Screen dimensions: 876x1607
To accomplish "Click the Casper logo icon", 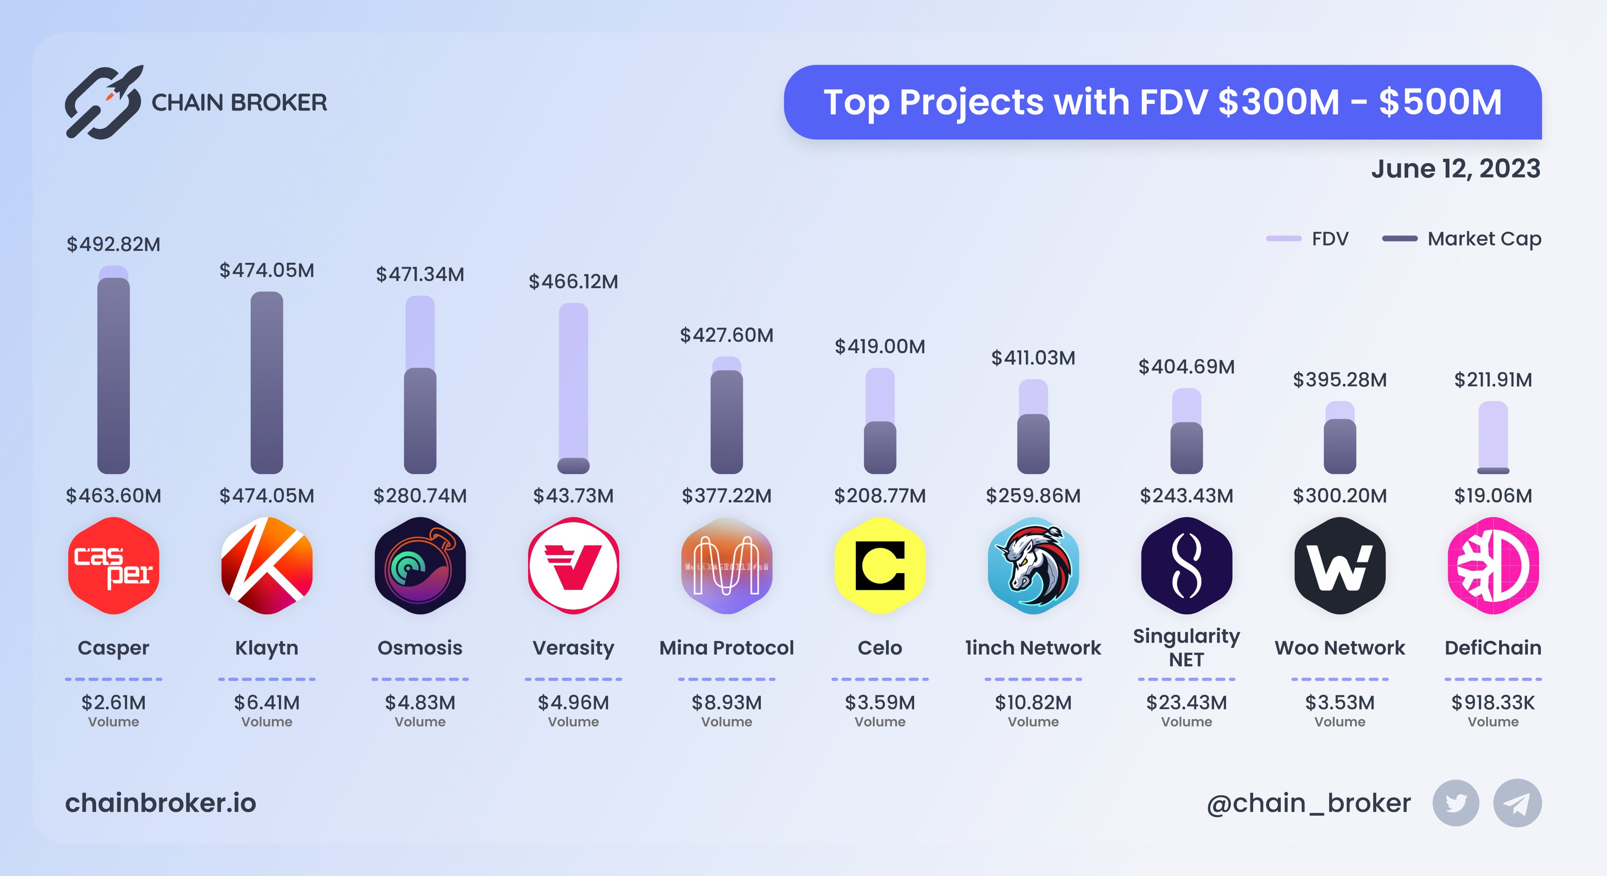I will coord(113,565).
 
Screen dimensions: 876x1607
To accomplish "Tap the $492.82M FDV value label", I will coord(113,244).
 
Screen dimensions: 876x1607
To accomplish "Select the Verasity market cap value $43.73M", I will coord(573,496).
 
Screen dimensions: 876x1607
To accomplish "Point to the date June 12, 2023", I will coord(1456,168).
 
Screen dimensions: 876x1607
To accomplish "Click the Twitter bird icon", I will coord(1456,803).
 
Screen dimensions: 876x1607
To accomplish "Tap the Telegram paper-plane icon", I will coord(1517,803).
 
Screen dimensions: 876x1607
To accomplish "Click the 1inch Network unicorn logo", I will coord(1033,565).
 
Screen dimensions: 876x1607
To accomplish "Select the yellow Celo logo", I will coord(880,565).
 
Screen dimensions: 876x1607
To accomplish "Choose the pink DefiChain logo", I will coord(1493,565).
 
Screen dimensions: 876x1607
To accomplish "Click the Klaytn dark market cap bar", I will coord(267,383).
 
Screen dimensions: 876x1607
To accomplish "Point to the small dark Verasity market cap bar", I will coord(573,465).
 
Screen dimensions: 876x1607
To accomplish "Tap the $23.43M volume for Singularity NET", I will coord(1186,703).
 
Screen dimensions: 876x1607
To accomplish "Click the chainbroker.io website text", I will coord(160,803).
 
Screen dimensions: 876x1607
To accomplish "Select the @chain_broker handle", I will coord(1308,803).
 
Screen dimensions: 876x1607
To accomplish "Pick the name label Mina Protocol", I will coord(726,648).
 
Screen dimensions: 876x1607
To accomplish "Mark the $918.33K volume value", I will coord(1493,703).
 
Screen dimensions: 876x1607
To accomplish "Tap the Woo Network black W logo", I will coord(1339,565).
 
